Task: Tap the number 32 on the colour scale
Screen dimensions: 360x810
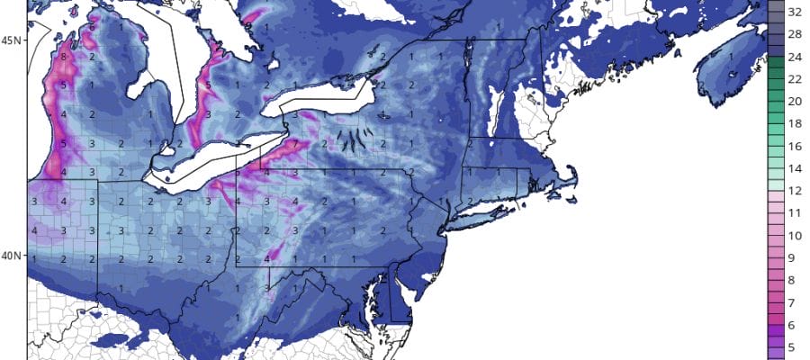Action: [795, 13]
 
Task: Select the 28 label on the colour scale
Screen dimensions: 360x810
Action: [795, 35]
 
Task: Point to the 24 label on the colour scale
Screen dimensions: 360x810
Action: [795, 58]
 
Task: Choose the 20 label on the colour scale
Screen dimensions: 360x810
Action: [795, 102]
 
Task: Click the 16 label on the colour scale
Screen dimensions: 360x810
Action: [795, 146]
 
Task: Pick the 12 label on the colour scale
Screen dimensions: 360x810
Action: [795, 191]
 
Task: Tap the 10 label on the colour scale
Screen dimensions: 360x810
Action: [795, 235]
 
